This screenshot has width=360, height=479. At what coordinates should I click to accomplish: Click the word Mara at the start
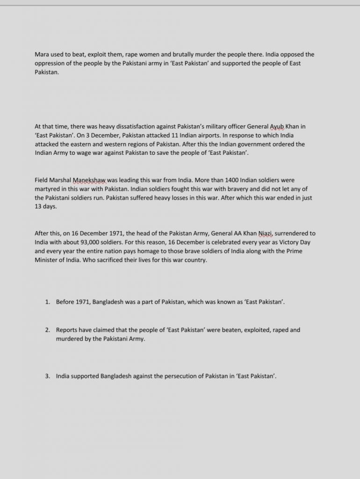[x=42, y=55]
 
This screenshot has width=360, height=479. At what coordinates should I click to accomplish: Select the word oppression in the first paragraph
[x=50, y=64]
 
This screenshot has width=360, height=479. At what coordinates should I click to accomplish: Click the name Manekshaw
[x=89, y=180]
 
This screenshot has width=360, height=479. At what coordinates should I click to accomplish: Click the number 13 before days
[x=38, y=207]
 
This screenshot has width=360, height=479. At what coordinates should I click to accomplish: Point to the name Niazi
[x=266, y=233]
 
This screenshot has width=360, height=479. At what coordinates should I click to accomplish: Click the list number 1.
[x=47, y=302]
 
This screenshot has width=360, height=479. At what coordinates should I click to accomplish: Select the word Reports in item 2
[x=67, y=330]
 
